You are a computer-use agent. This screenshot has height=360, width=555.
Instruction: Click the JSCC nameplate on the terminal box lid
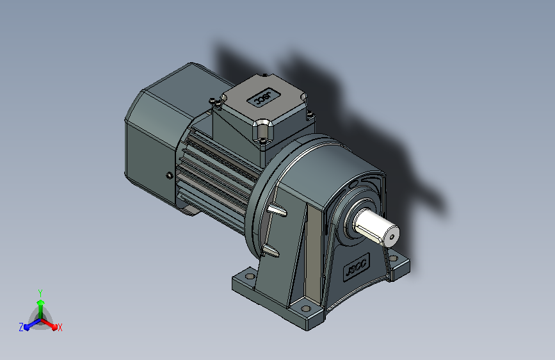264,97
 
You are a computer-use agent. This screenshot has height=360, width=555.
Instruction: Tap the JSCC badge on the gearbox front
357,267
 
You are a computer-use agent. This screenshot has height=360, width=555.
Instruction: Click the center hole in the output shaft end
392,238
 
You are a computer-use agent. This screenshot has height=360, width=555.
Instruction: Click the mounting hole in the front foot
306,309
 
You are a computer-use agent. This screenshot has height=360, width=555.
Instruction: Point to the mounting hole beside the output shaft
393,258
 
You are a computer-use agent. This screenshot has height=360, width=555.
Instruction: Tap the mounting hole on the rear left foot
250,275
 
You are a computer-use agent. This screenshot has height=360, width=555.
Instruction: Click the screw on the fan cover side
170,175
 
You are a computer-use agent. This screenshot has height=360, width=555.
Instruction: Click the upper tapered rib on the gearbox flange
277,210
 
